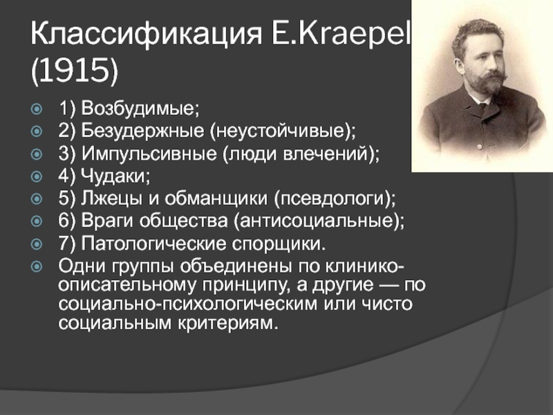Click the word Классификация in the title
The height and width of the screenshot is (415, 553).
coord(147,34)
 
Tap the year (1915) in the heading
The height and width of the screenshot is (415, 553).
coord(75,71)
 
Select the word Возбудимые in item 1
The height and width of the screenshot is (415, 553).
coord(140,108)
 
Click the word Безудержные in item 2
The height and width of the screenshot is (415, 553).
coord(142,131)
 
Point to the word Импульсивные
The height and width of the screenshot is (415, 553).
coord(149,154)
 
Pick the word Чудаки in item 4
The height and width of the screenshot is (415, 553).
coord(115,176)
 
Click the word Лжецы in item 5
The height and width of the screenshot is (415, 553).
coord(111,199)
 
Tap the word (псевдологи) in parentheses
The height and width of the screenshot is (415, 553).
coord(335,199)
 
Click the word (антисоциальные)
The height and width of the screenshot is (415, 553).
coord(319,221)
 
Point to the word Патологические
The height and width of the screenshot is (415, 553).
coord(153,244)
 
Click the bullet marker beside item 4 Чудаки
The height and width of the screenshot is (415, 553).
coord(37,176)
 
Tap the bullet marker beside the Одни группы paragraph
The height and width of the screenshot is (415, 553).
coord(37,266)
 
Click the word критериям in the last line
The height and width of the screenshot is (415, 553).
coord(228,323)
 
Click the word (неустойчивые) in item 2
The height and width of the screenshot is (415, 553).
coord(283,131)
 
